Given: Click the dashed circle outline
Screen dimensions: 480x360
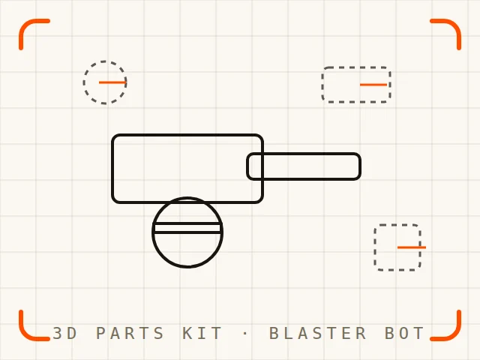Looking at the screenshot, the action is point(83,82).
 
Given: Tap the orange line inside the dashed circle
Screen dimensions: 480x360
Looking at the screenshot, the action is point(112,82).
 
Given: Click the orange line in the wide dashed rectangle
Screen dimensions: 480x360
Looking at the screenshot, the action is point(373,85).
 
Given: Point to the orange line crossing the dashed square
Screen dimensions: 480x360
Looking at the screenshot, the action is point(412,247).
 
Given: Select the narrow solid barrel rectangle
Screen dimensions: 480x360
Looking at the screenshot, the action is point(304,154).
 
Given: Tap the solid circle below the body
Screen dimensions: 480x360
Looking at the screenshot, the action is point(153,232).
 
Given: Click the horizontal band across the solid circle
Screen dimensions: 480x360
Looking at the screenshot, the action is point(187,228).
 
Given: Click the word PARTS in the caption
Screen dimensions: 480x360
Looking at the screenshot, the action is point(130,333).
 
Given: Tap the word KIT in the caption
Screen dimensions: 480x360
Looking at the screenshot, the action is point(202,333).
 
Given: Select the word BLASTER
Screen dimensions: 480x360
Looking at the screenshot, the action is point(318,333).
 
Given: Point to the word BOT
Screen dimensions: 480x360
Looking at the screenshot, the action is point(404,333).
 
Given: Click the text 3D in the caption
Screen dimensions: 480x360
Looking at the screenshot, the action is point(64,333).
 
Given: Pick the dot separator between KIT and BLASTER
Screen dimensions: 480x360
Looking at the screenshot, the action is point(245,333).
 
